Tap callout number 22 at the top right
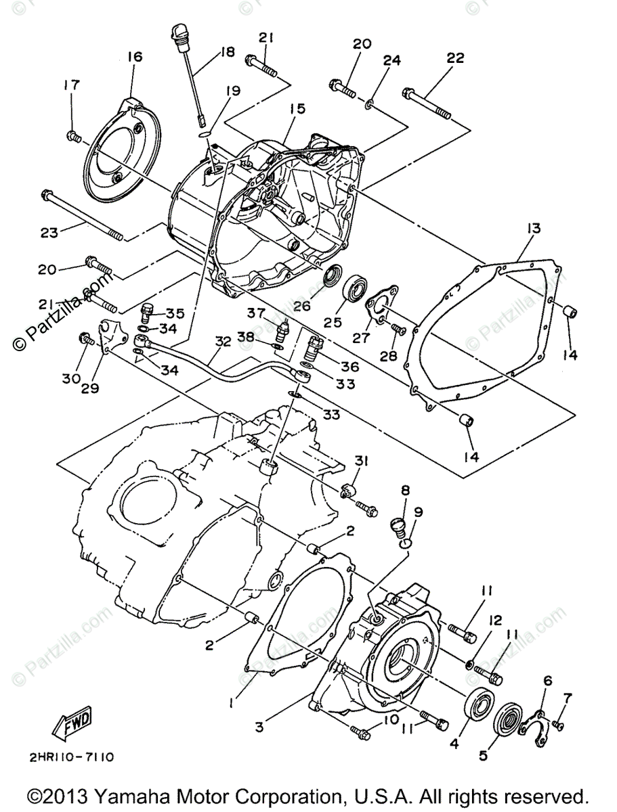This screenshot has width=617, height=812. tap(455, 58)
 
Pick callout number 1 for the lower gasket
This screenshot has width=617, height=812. tap(232, 703)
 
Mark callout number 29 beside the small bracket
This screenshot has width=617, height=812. tap(91, 388)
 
